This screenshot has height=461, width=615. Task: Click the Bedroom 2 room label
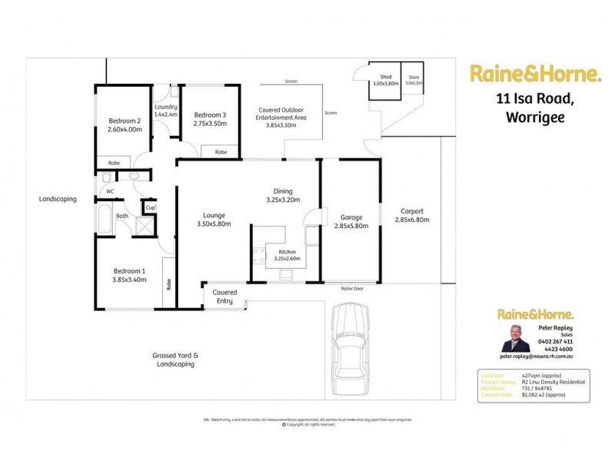coord(124,126)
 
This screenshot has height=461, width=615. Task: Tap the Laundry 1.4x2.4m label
coord(165,111)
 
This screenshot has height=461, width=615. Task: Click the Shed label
coord(386,80)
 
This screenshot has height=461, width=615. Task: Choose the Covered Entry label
coord(224,297)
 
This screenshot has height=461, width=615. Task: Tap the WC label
coord(111,191)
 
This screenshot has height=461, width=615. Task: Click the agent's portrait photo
coord(515,338)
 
